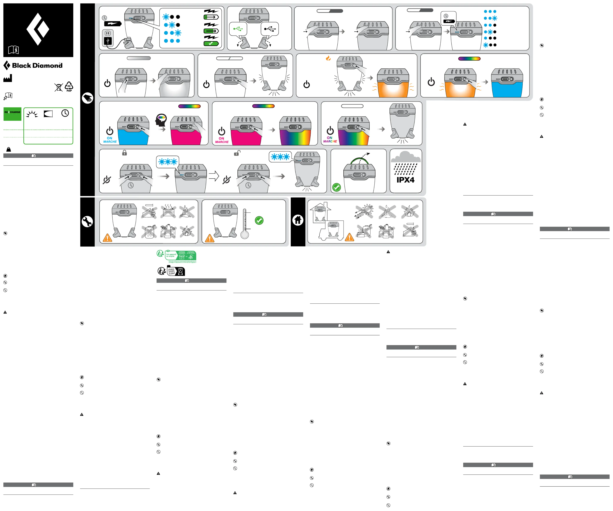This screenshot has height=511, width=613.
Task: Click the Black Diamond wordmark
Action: point(37,65)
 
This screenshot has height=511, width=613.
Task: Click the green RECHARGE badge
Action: point(12,114)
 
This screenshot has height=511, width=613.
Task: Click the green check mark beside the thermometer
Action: point(259,221)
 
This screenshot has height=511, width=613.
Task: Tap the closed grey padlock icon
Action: point(124,153)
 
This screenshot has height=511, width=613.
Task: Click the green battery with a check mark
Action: point(211,44)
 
